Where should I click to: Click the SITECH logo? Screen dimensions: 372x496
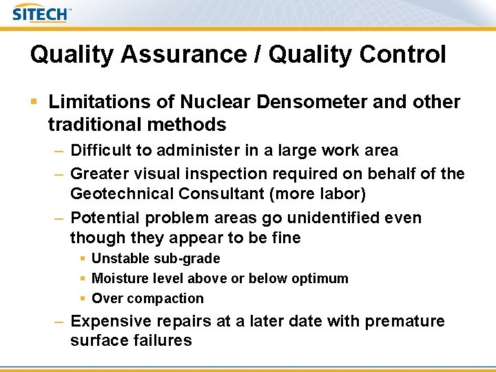click(x=41, y=13)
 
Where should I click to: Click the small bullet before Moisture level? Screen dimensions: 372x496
click(x=83, y=279)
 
